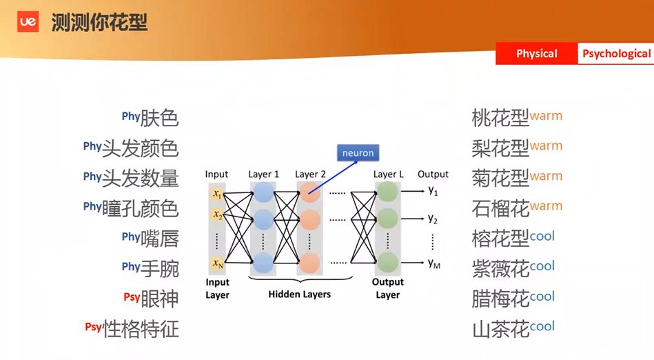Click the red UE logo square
[x=28, y=21]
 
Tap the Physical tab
[x=536, y=54]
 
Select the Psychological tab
[x=616, y=54]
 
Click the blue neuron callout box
[x=358, y=153]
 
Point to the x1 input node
[x=217, y=194]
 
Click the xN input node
[x=217, y=263]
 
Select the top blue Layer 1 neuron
[x=263, y=192]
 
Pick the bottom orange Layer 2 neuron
[x=309, y=263]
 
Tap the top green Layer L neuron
[x=387, y=192]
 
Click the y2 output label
[x=433, y=219]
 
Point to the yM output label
[x=433, y=263]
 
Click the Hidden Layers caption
[x=300, y=294]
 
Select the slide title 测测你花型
[x=99, y=22]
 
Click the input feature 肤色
[x=159, y=118]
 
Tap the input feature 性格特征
[x=141, y=329]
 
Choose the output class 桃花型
[x=500, y=118]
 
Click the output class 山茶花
[x=500, y=329]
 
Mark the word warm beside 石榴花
[x=546, y=206]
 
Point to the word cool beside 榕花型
[x=542, y=237]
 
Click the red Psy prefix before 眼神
[x=132, y=297]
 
